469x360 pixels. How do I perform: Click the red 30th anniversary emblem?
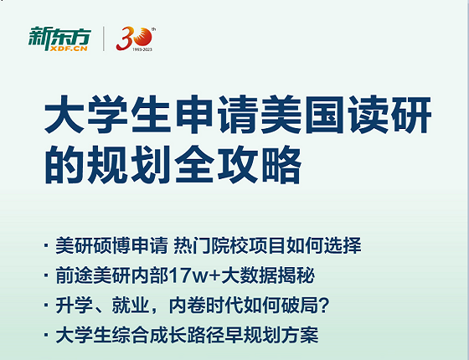point(134,37)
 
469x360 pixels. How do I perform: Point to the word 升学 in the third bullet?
point(72,307)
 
